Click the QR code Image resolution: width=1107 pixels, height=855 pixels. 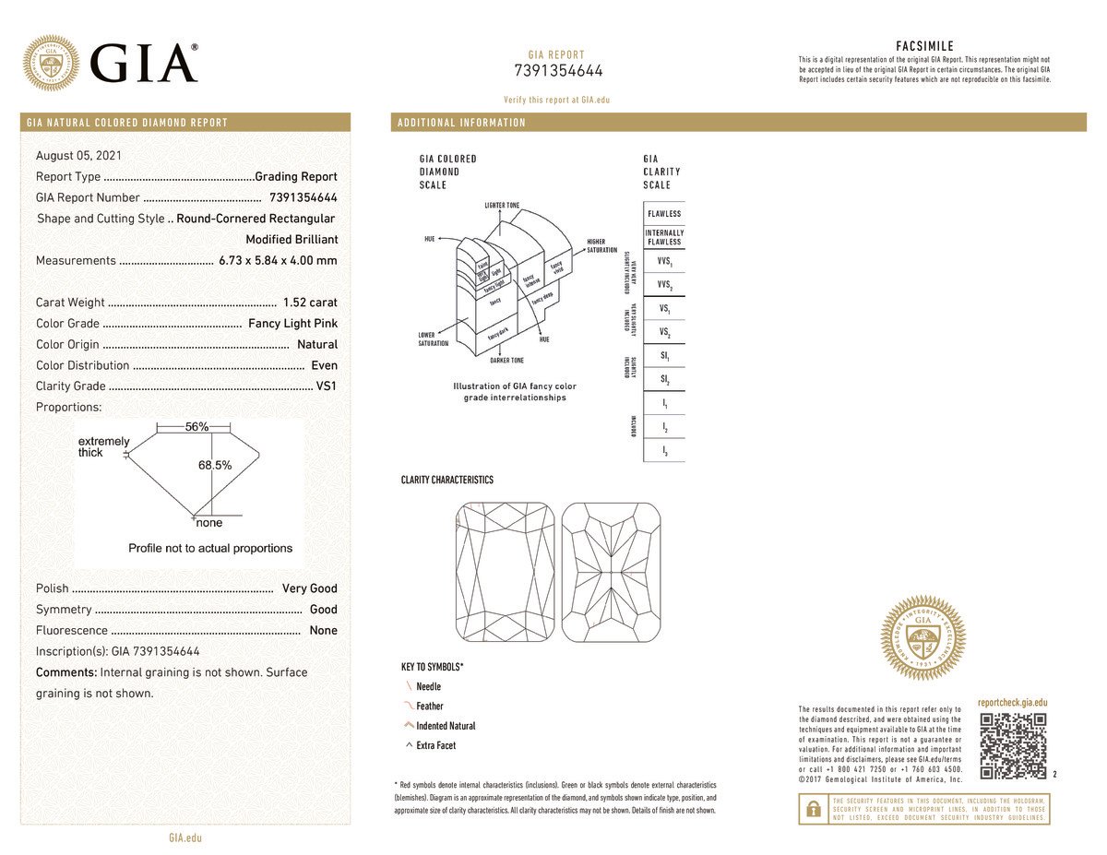[1013, 746]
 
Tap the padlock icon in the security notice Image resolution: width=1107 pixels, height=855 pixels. [813, 809]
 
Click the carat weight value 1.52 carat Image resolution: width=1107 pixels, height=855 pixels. [310, 303]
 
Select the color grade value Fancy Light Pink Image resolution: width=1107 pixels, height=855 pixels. [292, 324]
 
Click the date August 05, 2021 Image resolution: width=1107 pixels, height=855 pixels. [78, 156]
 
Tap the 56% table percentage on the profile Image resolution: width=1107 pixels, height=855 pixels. [196, 427]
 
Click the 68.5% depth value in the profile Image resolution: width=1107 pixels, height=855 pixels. [215, 466]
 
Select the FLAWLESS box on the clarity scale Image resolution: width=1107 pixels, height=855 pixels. [664, 214]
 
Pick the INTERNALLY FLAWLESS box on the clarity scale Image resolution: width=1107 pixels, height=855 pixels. [664, 237]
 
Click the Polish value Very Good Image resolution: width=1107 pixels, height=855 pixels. [310, 588]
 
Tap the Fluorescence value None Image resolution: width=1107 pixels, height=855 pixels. [324, 631]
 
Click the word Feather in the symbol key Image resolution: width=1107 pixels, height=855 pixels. [430, 707]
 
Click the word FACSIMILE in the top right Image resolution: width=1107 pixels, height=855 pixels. [924, 46]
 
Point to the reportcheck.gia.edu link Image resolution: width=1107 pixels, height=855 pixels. [1012, 703]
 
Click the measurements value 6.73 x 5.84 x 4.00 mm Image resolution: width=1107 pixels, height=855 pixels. [278, 261]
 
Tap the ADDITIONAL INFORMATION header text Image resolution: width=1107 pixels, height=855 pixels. [461, 123]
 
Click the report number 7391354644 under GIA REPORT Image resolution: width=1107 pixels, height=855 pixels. [557, 71]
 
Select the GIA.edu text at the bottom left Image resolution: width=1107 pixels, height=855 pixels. [185, 838]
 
